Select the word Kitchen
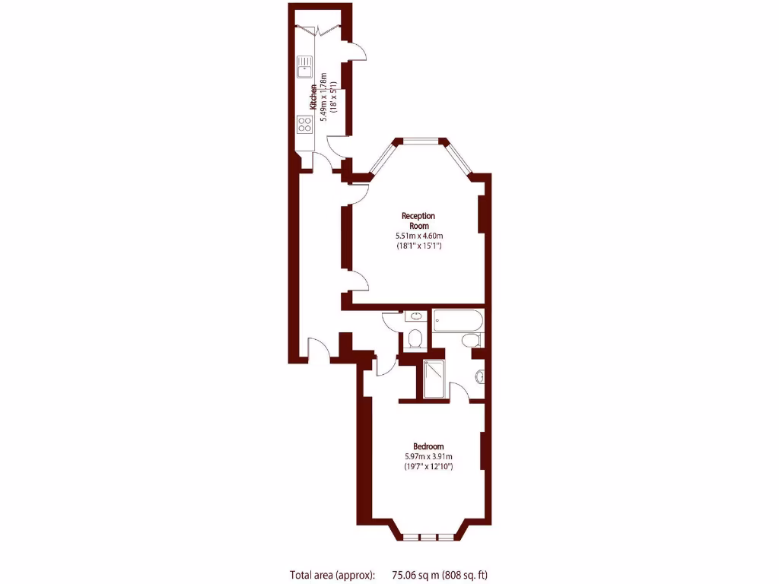[313, 97]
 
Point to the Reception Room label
[418, 221]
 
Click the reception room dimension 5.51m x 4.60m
[418, 236]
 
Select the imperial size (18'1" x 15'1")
[418, 246]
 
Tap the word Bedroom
[428, 446]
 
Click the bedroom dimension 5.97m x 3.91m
[428, 456]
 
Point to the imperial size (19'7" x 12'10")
[428, 467]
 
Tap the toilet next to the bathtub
[472, 341]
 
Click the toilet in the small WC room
[415, 338]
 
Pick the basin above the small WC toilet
[417, 316]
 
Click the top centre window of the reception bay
[421, 140]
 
